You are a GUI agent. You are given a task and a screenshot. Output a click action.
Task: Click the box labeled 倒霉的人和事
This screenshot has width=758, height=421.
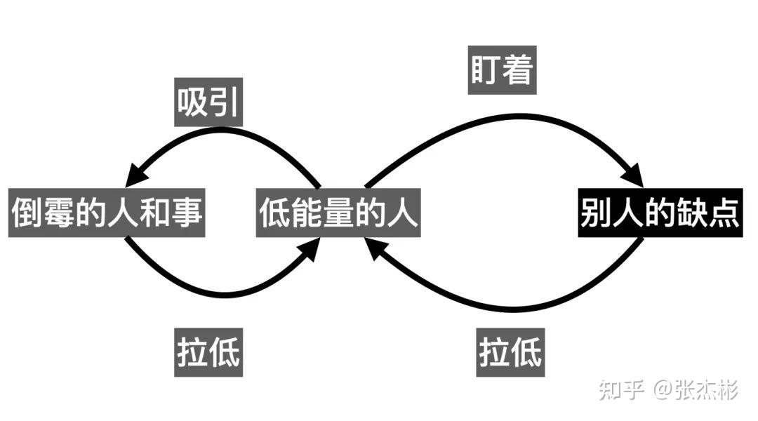click(x=107, y=212)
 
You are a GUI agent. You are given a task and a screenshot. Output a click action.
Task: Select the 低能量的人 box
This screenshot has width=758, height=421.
click(x=338, y=212)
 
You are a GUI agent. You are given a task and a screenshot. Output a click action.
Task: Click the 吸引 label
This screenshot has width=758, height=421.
click(x=208, y=102)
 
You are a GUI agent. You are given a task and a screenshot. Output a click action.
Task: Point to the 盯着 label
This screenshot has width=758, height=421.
click(x=502, y=70)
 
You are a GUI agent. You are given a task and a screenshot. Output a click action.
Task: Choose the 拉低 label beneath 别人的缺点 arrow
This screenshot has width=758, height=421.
click(x=510, y=351)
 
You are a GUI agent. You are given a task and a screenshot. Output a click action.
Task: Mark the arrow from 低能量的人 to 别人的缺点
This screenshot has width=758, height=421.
click(x=505, y=116)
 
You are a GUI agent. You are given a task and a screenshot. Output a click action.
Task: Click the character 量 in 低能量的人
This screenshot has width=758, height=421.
click(x=338, y=212)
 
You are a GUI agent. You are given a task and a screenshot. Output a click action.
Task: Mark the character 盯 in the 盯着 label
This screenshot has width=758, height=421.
click(x=486, y=70)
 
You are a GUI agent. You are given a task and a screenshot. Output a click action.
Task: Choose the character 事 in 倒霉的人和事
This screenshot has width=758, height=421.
click(x=188, y=212)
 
